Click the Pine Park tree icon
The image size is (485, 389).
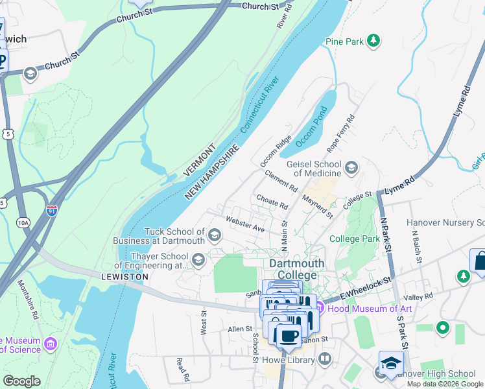(x=373, y=41)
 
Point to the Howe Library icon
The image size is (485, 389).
(x=325, y=358)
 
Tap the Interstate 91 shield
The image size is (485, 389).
(x=52, y=210)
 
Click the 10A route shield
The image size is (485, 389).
(x=23, y=222)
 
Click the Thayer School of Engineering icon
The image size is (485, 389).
(x=198, y=260)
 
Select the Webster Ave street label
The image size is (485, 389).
(x=244, y=224)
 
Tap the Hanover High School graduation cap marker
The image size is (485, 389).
(x=391, y=362)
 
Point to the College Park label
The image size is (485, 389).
(x=354, y=239)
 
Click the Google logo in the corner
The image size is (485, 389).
(x=21, y=381)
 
